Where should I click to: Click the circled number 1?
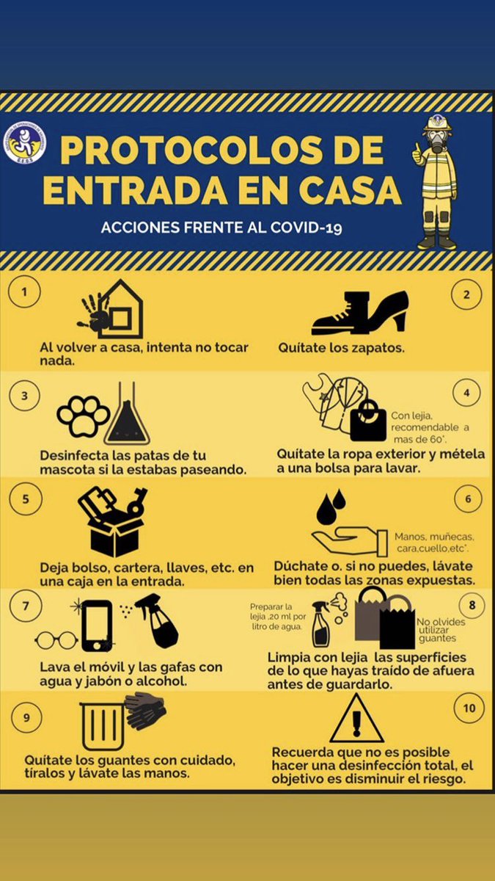pos(26,294)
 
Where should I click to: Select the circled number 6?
pos(468,498)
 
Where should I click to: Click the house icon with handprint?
pos(113,309)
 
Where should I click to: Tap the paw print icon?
pos(83,416)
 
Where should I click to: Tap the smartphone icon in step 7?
pos(98,625)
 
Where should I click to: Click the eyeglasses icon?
pos(56,641)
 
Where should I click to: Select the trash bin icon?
pos(102,725)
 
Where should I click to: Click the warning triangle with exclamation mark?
pos(356,718)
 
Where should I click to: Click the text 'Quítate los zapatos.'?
pos(341,348)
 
